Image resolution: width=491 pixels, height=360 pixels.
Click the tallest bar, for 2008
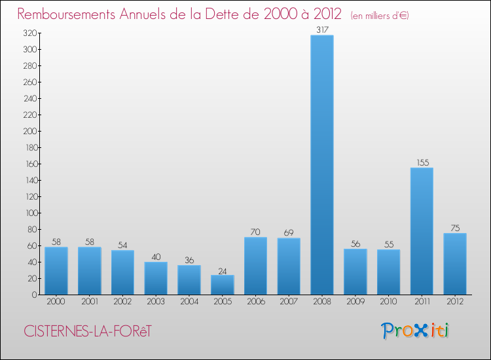[322, 165]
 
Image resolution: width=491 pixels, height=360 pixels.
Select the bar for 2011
[422, 231]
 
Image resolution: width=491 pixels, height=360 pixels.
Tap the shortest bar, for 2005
[223, 285]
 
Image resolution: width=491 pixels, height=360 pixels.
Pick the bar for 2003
[156, 278]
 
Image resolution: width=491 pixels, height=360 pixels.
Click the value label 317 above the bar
[322, 29]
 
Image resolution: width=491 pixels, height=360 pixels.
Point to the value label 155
[422, 162]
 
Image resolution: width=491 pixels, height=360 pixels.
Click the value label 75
[455, 228]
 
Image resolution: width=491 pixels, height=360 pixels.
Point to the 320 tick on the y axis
[29, 33]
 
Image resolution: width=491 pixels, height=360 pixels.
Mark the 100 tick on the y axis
[29, 213]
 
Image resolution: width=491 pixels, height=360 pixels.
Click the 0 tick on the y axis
[33, 295]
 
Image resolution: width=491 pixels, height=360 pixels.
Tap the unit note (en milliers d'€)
[371, 15]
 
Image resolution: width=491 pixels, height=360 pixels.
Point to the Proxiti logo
[415, 331]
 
